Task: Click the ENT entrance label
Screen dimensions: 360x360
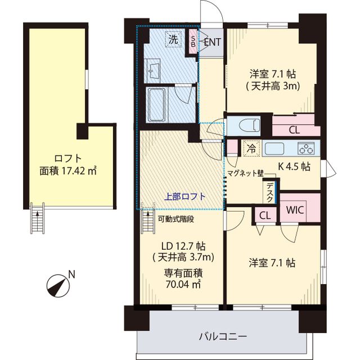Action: tap(213, 41)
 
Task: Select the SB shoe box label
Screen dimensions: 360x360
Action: tap(193, 41)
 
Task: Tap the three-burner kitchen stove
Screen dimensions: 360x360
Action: tap(307, 148)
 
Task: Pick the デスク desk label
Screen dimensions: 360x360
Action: tap(271, 193)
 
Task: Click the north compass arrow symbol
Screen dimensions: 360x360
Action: tap(57, 283)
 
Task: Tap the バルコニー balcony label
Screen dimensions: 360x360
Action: tap(223, 337)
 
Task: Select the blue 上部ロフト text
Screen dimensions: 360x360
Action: tap(184, 196)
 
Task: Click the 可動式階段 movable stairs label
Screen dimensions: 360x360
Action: tap(175, 219)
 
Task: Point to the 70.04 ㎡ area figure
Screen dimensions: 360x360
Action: tap(183, 284)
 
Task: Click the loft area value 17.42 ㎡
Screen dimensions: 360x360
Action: tap(68, 170)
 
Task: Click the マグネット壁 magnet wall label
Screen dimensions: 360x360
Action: tap(245, 174)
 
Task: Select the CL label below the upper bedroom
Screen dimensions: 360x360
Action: tap(294, 130)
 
